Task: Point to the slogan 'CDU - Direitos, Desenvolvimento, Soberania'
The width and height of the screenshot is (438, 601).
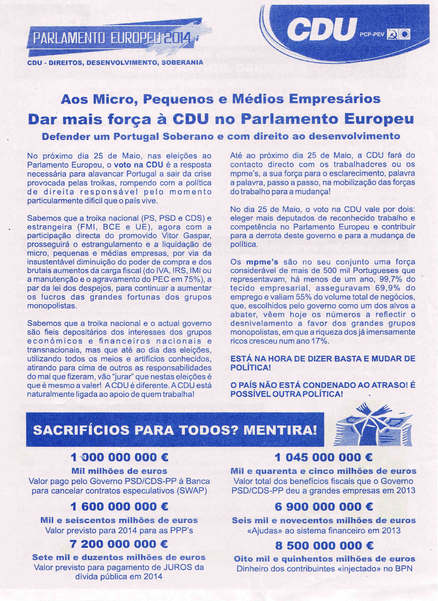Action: tap(115, 63)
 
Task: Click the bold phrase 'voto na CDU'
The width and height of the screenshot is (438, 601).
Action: tap(138, 165)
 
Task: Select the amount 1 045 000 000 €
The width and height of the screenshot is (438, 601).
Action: tap(323, 457)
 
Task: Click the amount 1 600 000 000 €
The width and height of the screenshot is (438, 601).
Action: tap(120, 507)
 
